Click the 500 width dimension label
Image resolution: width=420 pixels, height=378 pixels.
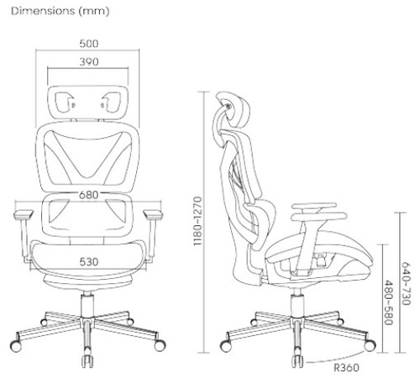[x=89, y=44]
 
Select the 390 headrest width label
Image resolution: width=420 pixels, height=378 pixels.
[x=89, y=61]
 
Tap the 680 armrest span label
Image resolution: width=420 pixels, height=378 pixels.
[x=89, y=195]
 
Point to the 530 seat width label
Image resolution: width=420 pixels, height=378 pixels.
[x=89, y=262]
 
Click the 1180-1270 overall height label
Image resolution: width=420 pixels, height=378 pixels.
[x=197, y=221]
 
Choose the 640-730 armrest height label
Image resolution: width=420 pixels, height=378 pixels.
[x=406, y=283]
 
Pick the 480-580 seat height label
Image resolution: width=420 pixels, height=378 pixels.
[x=388, y=302]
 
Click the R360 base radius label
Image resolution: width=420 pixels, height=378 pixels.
[x=346, y=368]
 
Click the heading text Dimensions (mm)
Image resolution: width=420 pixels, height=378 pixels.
[x=60, y=11]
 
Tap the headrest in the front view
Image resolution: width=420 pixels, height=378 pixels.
[x=88, y=102]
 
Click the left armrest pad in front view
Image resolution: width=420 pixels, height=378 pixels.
[x=24, y=214]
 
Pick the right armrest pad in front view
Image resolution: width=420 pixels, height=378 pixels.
[x=153, y=214]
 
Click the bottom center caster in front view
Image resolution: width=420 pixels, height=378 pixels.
[x=87, y=361]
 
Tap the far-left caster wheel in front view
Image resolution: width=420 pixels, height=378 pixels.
[x=16, y=346]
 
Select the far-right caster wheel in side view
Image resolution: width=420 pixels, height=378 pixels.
[x=370, y=345]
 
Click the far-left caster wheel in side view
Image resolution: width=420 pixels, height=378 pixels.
[x=226, y=346]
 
